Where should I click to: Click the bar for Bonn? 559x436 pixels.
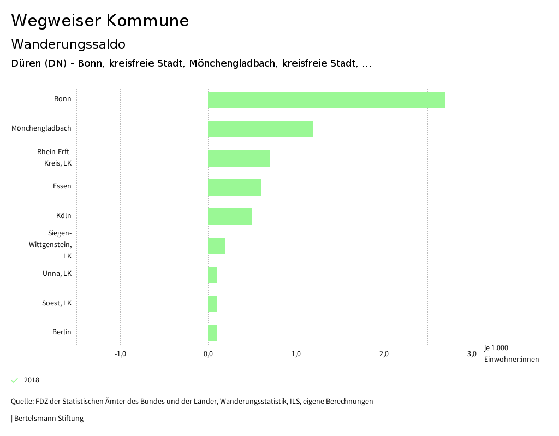326,100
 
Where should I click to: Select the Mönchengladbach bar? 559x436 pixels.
260,129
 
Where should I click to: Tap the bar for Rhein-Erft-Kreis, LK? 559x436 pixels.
239,158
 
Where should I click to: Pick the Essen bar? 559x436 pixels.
234,187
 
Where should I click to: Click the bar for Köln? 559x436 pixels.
230,216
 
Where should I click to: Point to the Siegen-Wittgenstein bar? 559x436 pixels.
217,246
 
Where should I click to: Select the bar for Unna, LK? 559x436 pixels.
212,275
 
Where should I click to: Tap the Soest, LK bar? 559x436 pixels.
212,304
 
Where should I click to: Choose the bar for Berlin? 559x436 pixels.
212,333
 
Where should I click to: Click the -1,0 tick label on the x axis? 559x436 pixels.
120,354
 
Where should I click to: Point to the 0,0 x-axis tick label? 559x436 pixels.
208,354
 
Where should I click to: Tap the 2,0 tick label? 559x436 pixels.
384,354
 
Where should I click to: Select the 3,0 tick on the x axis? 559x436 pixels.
472,354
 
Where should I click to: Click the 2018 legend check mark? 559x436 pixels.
15,380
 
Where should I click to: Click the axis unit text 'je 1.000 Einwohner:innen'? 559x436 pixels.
511,353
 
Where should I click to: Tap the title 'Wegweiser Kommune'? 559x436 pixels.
100,21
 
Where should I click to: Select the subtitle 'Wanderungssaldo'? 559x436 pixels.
68,44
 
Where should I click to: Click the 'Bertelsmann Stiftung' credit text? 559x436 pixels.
49,419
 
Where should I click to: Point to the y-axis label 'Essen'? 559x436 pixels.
62,186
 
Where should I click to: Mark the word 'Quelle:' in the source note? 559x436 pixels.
22,402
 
